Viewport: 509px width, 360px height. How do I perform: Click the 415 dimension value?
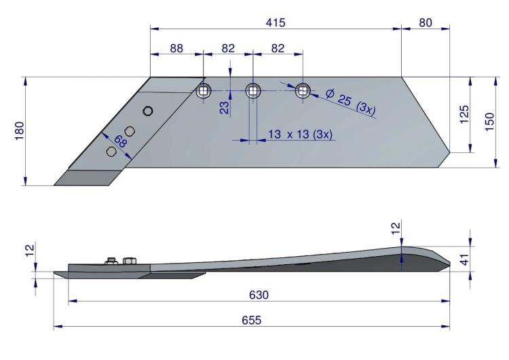click(276, 22)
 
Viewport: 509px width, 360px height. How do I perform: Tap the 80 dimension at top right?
click(426, 22)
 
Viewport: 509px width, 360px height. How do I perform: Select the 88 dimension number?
click(176, 48)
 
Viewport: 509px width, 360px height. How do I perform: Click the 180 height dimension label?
click(20, 130)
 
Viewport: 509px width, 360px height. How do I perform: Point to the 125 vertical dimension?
click(464, 114)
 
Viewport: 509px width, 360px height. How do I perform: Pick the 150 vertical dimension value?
click(489, 122)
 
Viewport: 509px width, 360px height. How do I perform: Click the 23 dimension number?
click(225, 107)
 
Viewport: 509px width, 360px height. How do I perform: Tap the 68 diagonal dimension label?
click(119, 142)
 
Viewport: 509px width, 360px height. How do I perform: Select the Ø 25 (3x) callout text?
click(351, 103)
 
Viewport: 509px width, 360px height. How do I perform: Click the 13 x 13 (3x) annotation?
click(300, 134)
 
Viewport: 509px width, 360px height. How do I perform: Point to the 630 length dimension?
click(259, 295)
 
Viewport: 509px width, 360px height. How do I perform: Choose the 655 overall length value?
click(252, 321)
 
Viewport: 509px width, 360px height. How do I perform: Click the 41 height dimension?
click(465, 259)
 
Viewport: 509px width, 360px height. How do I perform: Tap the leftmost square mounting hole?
click(204, 90)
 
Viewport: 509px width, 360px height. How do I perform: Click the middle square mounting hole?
click(253, 90)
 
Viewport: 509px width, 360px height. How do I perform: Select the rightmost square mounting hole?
click(303, 90)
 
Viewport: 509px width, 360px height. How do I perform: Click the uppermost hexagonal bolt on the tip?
click(148, 111)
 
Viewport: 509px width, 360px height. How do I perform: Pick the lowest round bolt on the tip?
click(111, 151)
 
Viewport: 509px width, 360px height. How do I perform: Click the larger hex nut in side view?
click(130, 261)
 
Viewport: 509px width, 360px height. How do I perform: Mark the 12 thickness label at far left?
click(30, 251)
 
